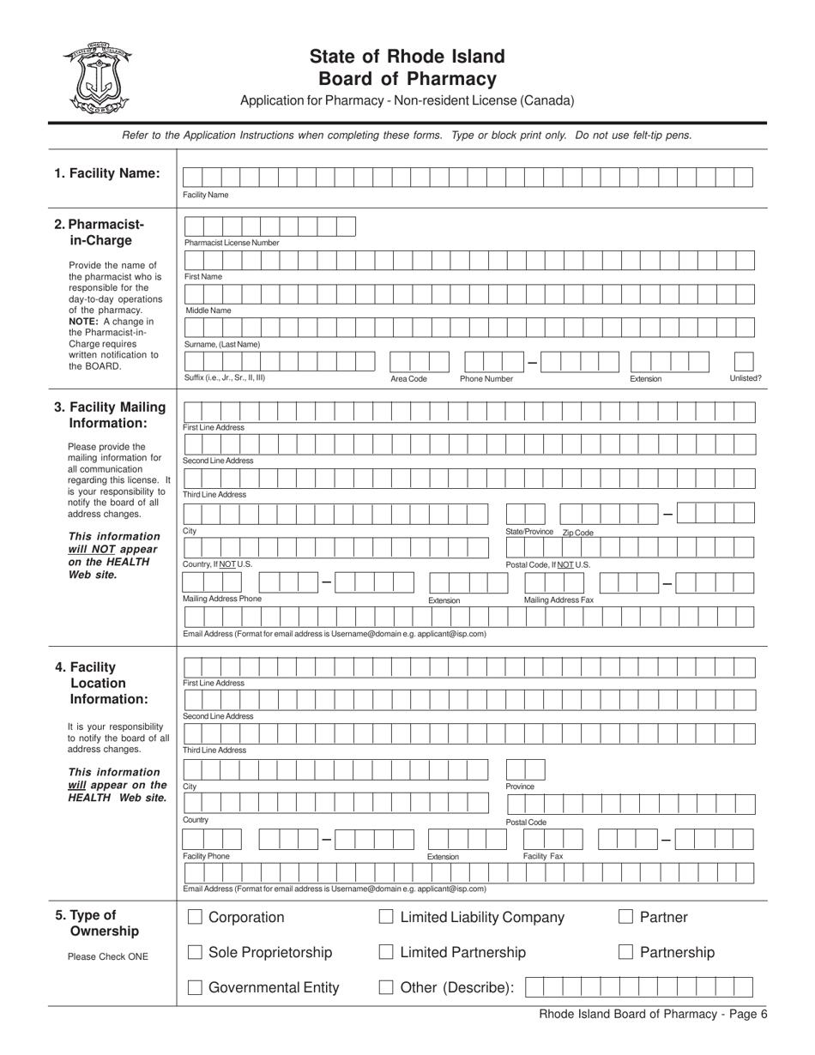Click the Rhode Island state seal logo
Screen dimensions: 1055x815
[x=95, y=78]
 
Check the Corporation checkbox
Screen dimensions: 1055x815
[x=195, y=918]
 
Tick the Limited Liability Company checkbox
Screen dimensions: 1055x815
[x=386, y=918]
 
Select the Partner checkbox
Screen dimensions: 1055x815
[x=625, y=918]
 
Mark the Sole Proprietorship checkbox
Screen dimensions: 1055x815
[x=195, y=953]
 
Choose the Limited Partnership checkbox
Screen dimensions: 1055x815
[x=386, y=953]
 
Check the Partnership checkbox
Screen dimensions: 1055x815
[x=625, y=953]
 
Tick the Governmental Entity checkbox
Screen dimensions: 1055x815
[x=195, y=988]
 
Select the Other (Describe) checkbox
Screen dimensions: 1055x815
[x=386, y=988]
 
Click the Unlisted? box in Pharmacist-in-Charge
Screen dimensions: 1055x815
[x=744, y=362]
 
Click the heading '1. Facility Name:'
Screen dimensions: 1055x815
[x=107, y=173]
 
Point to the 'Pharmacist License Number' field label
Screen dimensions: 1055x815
[x=232, y=243]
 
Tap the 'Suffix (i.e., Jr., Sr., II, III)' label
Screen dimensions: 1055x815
[x=225, y=377]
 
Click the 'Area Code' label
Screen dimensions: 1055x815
[x=409, y=378]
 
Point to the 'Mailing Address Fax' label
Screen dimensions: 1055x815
[x=558, y=600]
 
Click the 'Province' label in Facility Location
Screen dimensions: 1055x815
[x=520, y=787]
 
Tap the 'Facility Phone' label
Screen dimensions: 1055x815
[x=207, y=856]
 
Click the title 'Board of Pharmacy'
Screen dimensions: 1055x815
[x=407, y=79]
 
